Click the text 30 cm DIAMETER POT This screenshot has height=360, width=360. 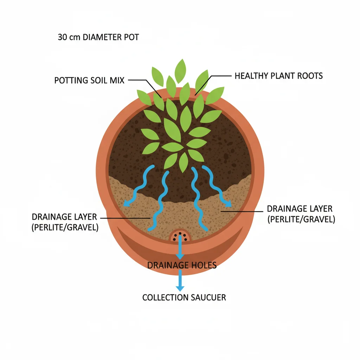click(x=98, y=37)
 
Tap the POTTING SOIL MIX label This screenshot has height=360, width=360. click(x=89, y=81)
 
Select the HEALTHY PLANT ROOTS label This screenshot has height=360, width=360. click(x=278, y=76)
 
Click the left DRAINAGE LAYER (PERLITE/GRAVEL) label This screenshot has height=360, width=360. click(x=65, y=222)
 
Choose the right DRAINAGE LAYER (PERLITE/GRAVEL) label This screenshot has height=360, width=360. click(x=301, y=214)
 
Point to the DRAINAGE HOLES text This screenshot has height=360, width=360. click(x=182, y=265)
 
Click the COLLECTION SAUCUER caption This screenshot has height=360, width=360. click(x=184, y=297)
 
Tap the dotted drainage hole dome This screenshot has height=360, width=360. click(x=180, y=236)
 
